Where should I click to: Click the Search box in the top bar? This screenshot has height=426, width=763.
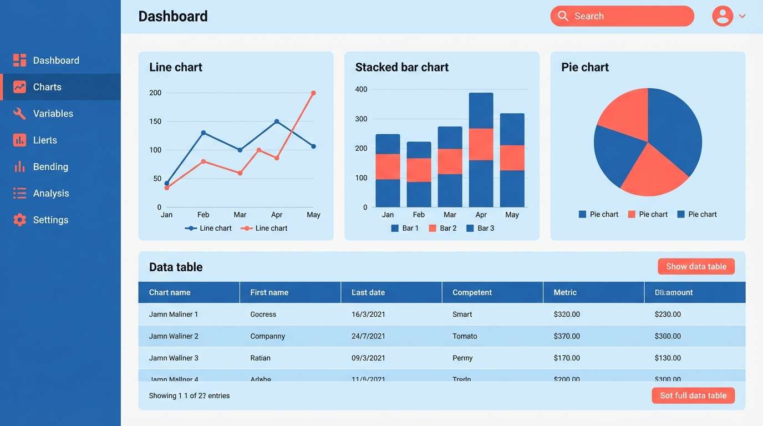[x=622, y=16]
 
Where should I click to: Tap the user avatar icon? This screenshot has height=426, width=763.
[x=722, y=16]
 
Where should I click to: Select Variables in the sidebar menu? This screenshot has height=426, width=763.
[x=53, y=114]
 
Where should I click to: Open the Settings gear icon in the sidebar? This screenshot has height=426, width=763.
[x=19, y=220]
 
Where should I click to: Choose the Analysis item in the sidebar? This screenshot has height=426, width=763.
[x=50, y=193]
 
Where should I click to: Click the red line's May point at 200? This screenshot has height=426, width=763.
[x=313, y=93]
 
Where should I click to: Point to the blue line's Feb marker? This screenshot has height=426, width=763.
[x=204, y=133]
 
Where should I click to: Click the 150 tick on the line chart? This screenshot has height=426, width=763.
[x=155, y=121]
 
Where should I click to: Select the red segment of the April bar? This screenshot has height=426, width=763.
[x=481, y=144]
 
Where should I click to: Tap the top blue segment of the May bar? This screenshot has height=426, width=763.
[x=512, y=129]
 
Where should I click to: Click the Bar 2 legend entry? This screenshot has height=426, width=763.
[x=443, y=228]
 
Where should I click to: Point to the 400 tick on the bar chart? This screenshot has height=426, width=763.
[x=361, y=89]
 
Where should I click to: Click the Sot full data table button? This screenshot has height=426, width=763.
[x=693, y=395]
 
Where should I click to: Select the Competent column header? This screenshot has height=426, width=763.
[x=472, y=292]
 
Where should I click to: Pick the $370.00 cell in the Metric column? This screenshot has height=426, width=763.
[x=567, y=336]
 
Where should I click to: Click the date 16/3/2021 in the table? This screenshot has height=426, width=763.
[x=368, y=314]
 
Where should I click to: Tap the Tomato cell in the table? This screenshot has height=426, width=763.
[x=465, y=336]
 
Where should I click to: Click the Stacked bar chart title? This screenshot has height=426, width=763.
[x=401, y=67]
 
